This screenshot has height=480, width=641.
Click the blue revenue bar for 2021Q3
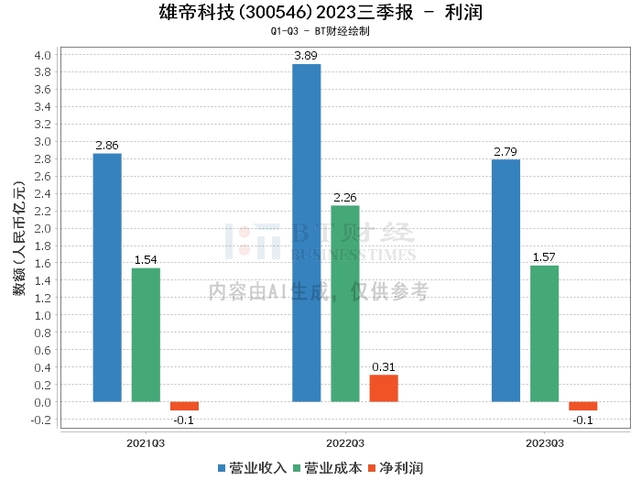(107, 277)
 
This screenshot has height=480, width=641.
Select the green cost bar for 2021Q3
(146, 334)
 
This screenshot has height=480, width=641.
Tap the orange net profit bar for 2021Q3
(184, 406)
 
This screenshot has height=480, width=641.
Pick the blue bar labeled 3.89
(307, 233)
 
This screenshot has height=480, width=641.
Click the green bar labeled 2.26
(345, 303)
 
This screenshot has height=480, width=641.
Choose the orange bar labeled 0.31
(384, 388)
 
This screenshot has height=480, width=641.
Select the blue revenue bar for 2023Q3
(505, 280)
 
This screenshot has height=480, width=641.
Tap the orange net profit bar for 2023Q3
(582, 406)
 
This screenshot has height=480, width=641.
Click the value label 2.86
(107, 146)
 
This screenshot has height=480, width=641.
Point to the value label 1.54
(146, 260)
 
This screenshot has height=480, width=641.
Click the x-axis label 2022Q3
(345, 442)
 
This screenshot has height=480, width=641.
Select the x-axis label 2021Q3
(146, 442)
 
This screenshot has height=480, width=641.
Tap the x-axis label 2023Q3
(544, 442)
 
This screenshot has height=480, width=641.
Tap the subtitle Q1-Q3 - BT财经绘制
(320, 31)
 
